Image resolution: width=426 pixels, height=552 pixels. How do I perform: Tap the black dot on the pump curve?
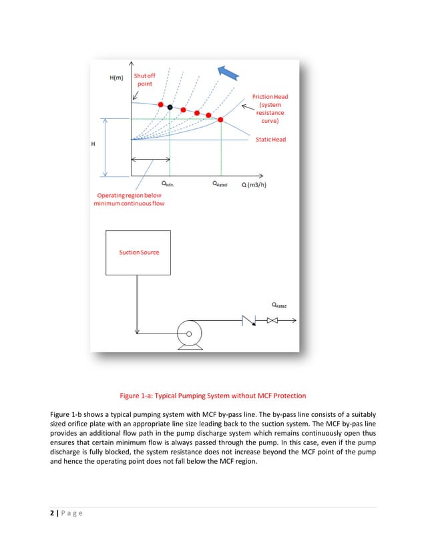[x=170, y=107]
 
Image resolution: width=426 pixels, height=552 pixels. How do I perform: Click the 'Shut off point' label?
[x=144, y=81]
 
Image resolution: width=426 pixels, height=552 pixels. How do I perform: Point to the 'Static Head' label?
[x=270, y=139]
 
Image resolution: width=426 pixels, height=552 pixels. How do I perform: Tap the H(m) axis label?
[x=117, y=78]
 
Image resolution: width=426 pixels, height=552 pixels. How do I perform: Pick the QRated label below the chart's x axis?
[x=220, y=182]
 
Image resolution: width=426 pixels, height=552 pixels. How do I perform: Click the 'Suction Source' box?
[x=140, y=253]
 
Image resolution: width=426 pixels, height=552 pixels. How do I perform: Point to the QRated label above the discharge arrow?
[x=279, y=305]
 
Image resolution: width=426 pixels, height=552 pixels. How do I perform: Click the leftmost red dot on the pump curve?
[x=160, y=104]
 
